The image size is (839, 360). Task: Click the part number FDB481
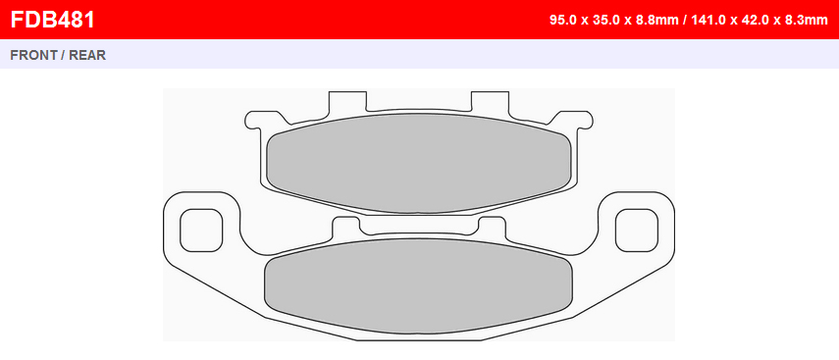[x=52, y=20]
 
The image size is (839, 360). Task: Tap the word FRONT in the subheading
[x=33, y=55]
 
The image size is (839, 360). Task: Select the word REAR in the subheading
[x=87, y=55]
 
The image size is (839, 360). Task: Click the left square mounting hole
[x=201, y=231]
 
